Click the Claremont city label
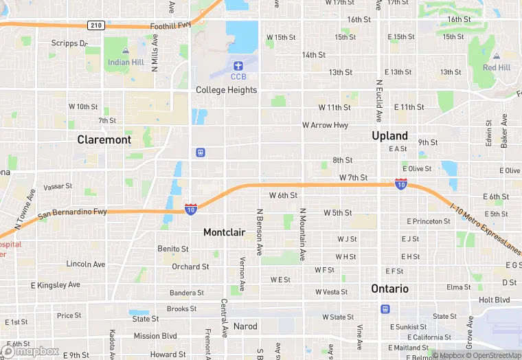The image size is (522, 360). [x=104, y=139]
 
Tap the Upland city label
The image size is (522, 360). [x=389, y=135]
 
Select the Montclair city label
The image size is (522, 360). [x=224, y=232]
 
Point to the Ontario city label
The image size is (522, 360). [x=389, y=289]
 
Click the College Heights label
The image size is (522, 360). [x=226, y=90]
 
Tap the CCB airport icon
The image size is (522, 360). [x=238, y=66]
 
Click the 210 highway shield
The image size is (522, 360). [x=95, y=25]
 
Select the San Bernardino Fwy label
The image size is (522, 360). [x=72, y=213]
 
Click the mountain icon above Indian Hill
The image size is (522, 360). [x=124, y=52]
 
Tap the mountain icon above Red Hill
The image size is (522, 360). [x=496, y=56]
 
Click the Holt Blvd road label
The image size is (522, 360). [x=494, y=300]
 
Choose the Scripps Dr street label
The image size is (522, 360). [x=69, y=43]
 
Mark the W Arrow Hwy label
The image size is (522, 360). [x=325, y=125]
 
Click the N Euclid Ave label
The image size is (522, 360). [x=378, y=99]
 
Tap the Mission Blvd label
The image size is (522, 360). [x=155, y=336]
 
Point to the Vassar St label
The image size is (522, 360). [x=58, y=186]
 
